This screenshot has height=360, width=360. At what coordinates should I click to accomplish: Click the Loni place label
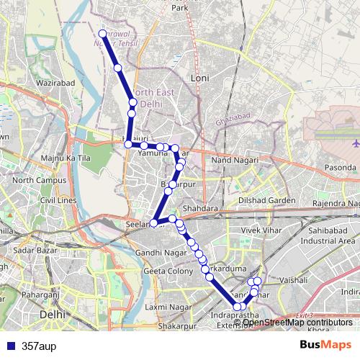click(199, 76)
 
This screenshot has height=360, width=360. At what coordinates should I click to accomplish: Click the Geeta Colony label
click(168, 271)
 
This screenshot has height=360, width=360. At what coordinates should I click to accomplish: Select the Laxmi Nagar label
click(166, 307)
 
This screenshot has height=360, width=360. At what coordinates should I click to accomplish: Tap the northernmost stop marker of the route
click(102, 34)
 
